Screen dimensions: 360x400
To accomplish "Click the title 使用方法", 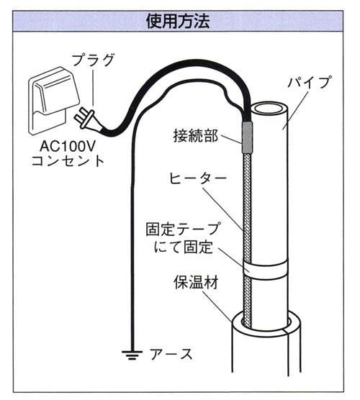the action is (178, 21).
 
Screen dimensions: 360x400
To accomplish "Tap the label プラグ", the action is (93, 60).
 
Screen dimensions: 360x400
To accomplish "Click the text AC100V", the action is (68, 146).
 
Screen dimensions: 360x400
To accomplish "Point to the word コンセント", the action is (68, 161).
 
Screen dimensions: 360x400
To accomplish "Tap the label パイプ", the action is (310, 82).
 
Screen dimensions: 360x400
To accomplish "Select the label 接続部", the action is (196, 135).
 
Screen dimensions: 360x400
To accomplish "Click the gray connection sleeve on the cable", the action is (247, 137).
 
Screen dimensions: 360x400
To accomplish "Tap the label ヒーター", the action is (198, 178).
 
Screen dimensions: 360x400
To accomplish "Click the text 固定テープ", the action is (182, 229).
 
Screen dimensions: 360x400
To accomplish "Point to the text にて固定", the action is (184, 247).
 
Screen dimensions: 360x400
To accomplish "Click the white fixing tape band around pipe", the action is (264, 269).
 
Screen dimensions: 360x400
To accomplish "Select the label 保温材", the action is (196, 283).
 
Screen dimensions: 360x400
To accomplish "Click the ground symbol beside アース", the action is (132, 355).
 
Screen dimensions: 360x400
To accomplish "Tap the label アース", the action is (171, 354).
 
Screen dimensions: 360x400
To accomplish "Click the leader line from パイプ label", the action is (296, 110).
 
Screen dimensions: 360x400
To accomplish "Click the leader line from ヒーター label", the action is (223, 209).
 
